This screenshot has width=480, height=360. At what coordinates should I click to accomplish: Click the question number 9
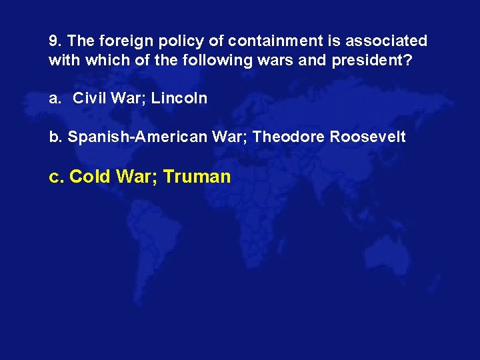pyautogui.click(x=53, y=41)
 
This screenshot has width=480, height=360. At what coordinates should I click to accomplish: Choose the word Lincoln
pyautogui.click(x=179, y=99)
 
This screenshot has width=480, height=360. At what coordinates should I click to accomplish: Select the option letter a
pyautogui.click(x=54, y=99)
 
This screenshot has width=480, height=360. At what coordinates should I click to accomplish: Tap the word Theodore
pyautogui.click(x=286, y=137)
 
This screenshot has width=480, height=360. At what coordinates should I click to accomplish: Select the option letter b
pyautogui.click(x=54, y=137)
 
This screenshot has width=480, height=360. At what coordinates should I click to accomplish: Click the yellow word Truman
pyautogui.click(x=197, y=177)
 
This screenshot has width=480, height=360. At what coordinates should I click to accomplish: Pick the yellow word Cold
pyautogui.click(x=90, y=177)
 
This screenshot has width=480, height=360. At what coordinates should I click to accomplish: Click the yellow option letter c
pyautogui.click(x=56, y=177)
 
